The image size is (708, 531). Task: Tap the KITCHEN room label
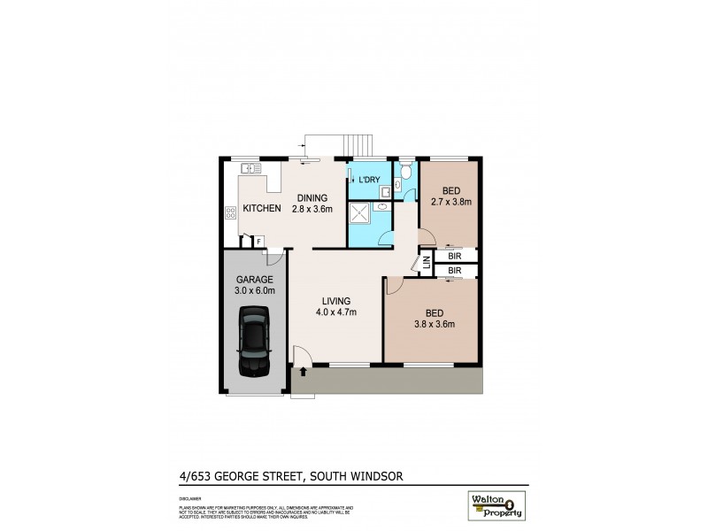[262, 209]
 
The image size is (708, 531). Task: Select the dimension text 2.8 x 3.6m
[314, 210]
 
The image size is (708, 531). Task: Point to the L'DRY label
[369, 181]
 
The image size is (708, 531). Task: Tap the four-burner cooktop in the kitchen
[231, 212]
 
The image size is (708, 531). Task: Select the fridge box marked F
[258, 241]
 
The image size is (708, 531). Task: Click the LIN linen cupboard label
[426, 263]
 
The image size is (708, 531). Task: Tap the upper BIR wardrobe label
[454, 256]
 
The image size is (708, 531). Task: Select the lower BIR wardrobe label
[454, 270]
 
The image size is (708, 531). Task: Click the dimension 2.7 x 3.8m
[450, 203]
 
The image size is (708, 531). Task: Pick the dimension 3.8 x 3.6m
[433, 324]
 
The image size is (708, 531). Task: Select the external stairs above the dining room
[356, 143]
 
